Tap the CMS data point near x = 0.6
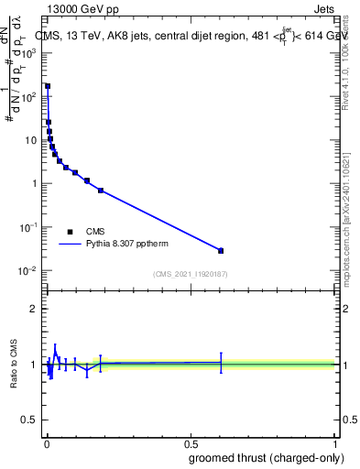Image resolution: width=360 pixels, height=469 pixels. (x=221, y=250)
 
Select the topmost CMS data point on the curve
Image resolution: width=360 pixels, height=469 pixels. (x=48, y=86)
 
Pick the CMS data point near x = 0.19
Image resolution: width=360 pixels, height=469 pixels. (x=101, y=191)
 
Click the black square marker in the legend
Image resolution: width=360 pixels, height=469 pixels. (x=70, y=232)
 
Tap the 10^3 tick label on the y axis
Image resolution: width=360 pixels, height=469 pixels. (x=30, y=53)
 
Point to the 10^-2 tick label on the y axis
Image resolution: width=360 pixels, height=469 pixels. (x=29, y=270)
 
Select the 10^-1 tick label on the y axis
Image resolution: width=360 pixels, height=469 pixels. (x=29, y=227)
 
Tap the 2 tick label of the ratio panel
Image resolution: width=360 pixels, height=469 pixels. (x=34, y=309)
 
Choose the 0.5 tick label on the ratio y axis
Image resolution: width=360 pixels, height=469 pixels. (x=30, y=421)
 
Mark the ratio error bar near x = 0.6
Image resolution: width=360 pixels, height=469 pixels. (x=221, y=363)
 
